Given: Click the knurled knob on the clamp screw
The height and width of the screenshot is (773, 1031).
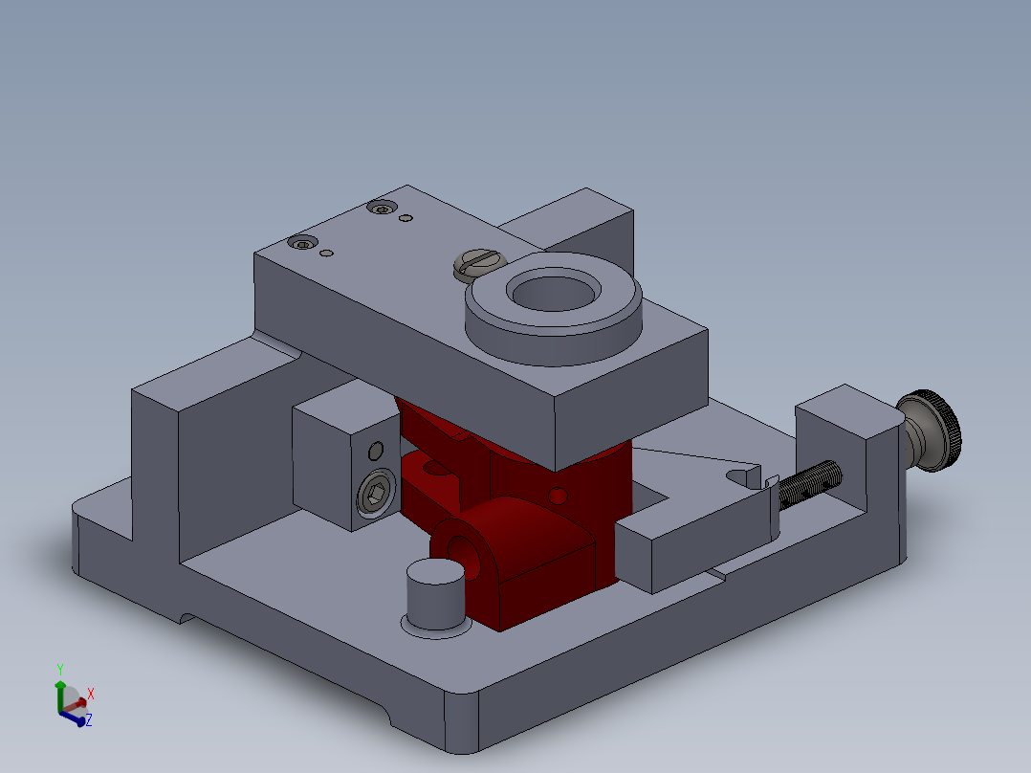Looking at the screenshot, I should (x=933, y=430).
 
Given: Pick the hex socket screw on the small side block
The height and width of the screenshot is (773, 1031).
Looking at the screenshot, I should (x=375, y=495).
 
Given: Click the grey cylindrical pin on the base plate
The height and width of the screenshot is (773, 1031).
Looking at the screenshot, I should (x=435, y=592).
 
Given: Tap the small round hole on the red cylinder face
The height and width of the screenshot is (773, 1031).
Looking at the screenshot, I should (x=558, y=496).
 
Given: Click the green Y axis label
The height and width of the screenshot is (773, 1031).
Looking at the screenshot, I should (x=59, y=668).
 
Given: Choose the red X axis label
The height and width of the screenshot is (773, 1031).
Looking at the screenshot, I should (x=91, y=693).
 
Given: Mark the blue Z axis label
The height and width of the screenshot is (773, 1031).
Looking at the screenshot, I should (x=89, y=719).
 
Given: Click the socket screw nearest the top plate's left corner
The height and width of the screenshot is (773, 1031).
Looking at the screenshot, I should (x=304, y=244).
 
